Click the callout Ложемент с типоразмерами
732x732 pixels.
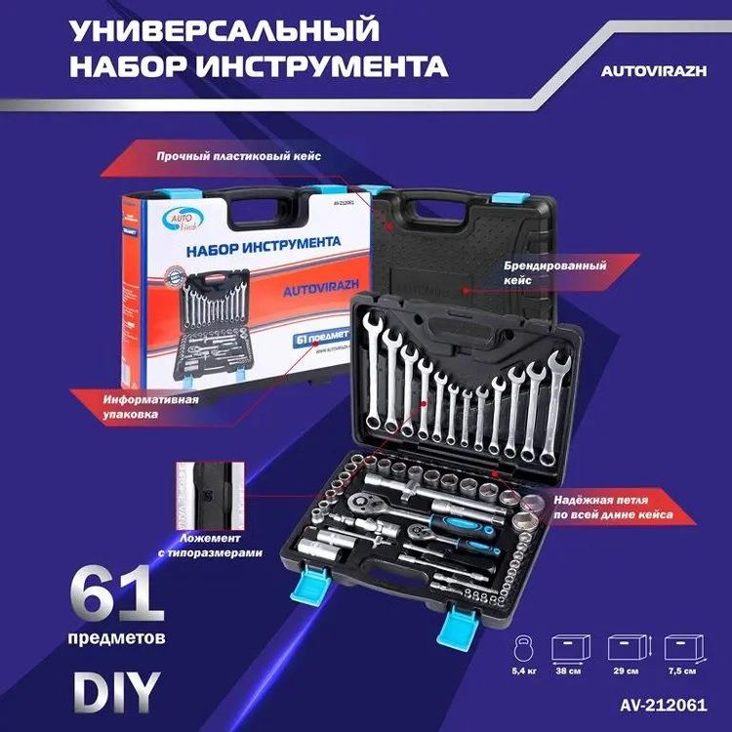221,544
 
